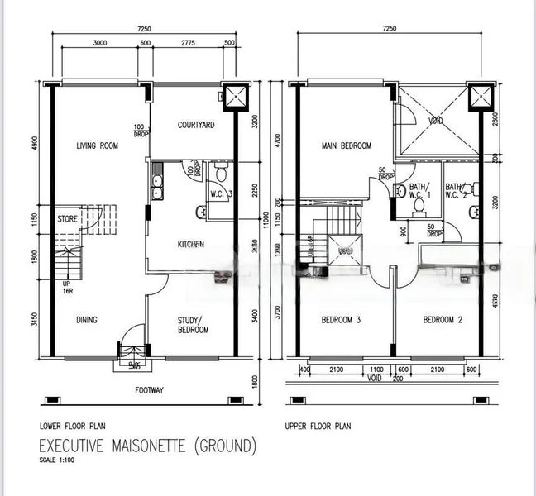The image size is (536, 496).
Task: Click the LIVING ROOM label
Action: tap(97, 146)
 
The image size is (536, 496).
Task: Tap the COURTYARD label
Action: tap(196, 126)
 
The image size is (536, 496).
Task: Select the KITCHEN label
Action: tap(191, 244)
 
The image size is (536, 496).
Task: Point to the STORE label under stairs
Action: tap(68, 219)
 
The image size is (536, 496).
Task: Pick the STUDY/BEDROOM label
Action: tap(193, 325)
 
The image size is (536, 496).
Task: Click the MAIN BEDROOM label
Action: tap(346, 146)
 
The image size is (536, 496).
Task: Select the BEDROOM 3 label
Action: tap(340, 320)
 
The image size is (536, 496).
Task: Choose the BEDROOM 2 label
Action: tap(441, 320)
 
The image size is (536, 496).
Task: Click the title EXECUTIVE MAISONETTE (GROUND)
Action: tap(148, 446)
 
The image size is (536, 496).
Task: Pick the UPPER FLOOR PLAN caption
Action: tap(318, 427)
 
